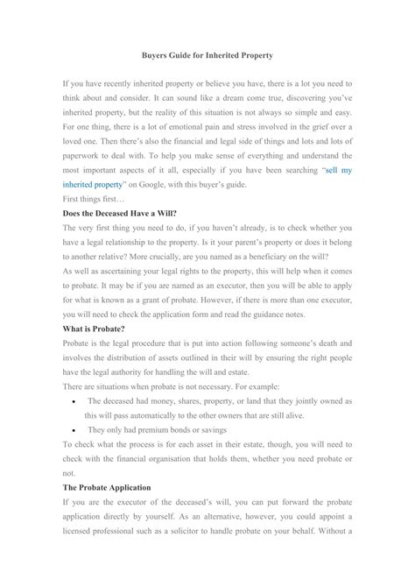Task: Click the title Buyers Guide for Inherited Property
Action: [x=207, y=55]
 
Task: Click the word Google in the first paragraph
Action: [x=167, y=210]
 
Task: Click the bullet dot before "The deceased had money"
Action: [x=71, y=401]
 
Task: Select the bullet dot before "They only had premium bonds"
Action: [x=71, y=430]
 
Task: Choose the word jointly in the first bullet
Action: [x=305, y=400]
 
